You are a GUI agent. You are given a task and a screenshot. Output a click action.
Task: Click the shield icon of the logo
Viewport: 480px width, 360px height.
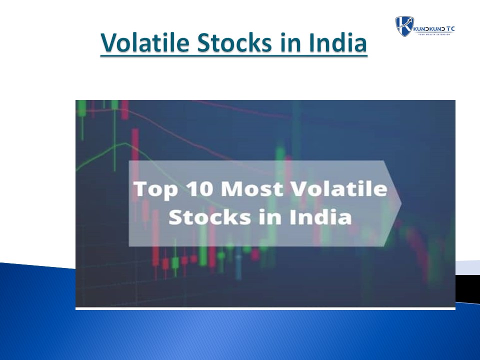click(403, 25)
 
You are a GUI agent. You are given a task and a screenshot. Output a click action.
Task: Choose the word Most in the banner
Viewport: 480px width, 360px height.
click(251, 190)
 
